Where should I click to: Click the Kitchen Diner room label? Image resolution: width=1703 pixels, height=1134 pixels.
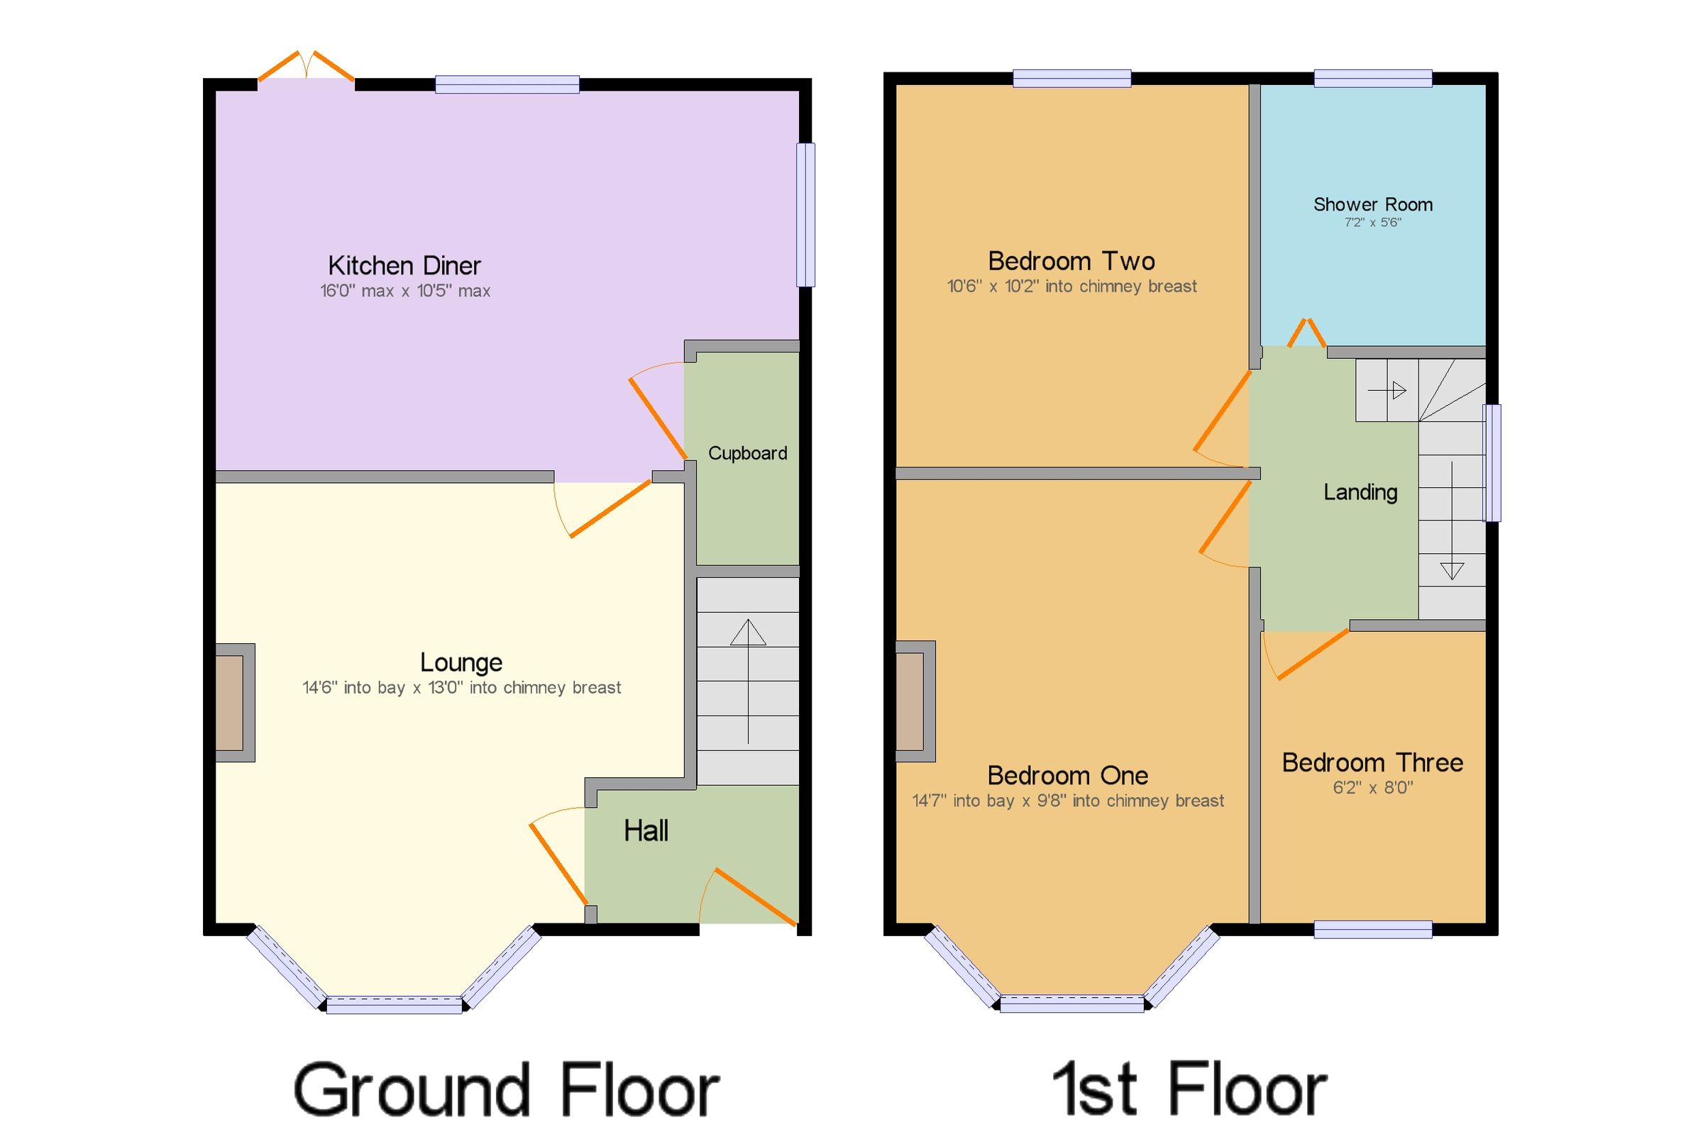click(x=404, y=266)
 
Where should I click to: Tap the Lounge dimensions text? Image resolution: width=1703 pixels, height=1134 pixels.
click(x=461, y=688)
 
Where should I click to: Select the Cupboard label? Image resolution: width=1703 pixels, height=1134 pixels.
click(x=746, y=453)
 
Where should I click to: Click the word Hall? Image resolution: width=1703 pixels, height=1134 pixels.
click(x=645, y=831)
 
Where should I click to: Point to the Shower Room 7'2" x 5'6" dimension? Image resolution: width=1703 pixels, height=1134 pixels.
click(x=1372, y=223)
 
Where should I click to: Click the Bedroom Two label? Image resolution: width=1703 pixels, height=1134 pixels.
click(x=1071, y=261)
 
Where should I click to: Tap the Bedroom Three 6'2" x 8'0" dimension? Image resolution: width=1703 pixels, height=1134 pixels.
click(x=1372, y=788)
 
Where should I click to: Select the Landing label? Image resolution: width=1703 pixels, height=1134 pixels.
click(x=1360, y=492)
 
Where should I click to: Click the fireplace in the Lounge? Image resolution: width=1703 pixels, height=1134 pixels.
click(x=230, y=702)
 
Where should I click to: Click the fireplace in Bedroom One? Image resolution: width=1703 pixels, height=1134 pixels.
click(x=910, y=701)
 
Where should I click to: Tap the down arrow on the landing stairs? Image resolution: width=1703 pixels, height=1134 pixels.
click(x=1451, y=571)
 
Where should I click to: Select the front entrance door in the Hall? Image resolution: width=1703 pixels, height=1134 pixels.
click(x=752, y=898)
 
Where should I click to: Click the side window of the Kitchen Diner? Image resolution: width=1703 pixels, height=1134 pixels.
click(x=805, y=215)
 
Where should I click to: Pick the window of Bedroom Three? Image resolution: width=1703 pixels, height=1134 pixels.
click(x=1372, y=929)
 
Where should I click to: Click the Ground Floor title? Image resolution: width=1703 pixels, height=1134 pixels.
click(x=506, y=1089)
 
